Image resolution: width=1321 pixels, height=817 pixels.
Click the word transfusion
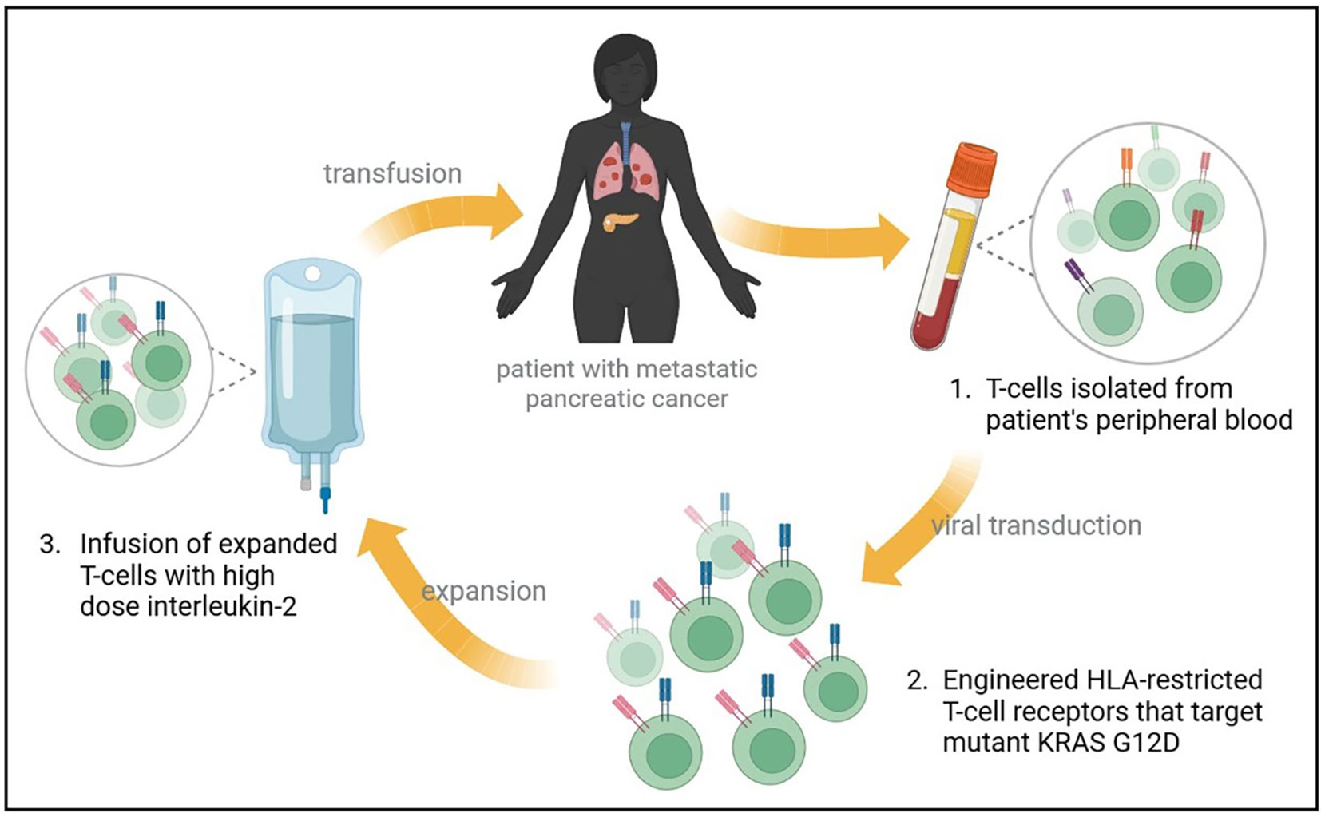[392, 173]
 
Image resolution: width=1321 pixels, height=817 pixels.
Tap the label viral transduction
[1036, 525]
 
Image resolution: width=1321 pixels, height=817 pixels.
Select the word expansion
[483, 591]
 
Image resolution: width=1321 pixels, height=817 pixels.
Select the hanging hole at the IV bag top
[312, 274]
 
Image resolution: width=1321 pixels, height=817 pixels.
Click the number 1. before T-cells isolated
[960, 389]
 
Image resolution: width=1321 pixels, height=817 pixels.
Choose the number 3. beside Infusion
[50, 544]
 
